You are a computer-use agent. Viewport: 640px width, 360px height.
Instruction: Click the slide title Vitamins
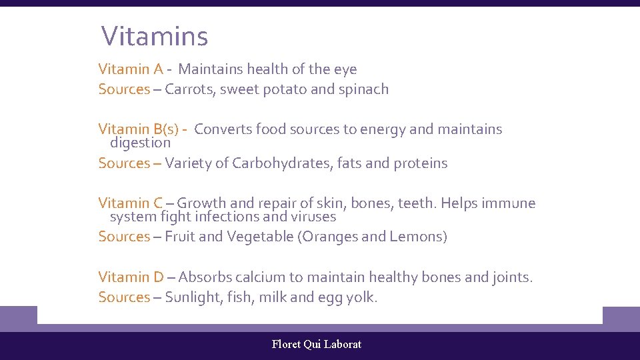[x=154, y=36]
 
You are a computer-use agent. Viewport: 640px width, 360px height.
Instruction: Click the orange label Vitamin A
[x=131, y=69]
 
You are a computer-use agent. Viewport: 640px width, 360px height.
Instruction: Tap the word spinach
[x=363, y=89]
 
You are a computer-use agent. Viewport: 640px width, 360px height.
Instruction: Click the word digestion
[x=140, y=143]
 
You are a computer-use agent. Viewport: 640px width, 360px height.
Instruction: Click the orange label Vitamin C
[x=131, y=203]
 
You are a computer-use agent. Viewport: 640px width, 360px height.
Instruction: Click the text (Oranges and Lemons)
[x=372, y=237]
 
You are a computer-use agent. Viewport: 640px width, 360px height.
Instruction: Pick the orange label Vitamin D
[x=131, y=277]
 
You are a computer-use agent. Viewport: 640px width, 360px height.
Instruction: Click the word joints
[x=511, y=277]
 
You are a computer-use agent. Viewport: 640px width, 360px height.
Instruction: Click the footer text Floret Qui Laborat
[x=317, y=345]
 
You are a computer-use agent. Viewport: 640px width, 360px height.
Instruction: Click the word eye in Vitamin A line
[x=345, y=69]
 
